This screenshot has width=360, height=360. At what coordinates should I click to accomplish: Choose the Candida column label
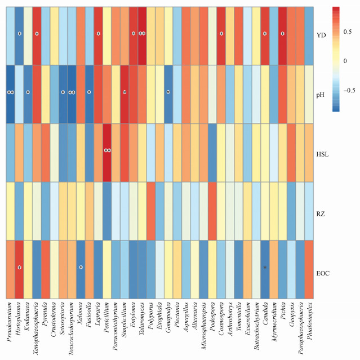click(x=265, y=316)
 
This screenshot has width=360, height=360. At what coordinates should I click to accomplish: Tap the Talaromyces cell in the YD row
click(x=142, y=35)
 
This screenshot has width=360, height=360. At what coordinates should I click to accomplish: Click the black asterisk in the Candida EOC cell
click(x=265, y=268)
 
